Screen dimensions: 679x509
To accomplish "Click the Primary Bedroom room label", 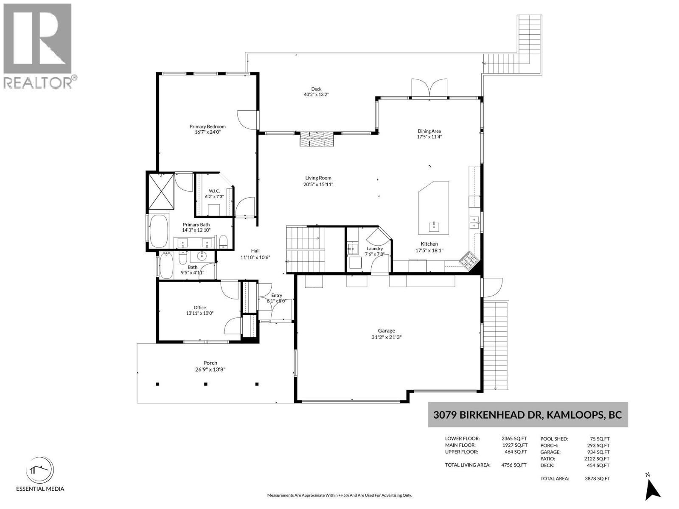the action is click(207, 126).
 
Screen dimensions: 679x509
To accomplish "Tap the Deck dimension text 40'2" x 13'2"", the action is click(316, 95).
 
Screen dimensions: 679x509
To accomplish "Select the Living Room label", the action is click(318, 178).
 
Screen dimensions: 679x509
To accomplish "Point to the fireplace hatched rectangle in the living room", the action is click(317, 139).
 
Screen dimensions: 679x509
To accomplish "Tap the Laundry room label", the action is click(375, 249).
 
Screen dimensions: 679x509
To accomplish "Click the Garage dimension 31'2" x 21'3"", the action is click(386, 337).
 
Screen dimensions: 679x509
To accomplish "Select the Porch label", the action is click(210, 363).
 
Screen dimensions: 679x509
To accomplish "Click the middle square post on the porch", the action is click(206, 384).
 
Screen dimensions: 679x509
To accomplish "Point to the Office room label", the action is click(199, 308).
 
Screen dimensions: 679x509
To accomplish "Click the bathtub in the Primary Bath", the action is click(159, 231).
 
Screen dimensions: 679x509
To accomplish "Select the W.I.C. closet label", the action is click(214, 191).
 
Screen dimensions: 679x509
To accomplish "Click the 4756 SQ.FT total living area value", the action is click(514, 465).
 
